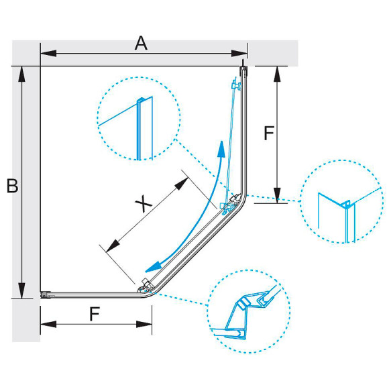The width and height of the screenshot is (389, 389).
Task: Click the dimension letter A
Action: pyautogui.click(x=141, y=43)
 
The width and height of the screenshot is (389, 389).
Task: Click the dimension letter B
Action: pyautogui.click(x=12, y=186)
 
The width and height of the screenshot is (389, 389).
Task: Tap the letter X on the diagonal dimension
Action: pyautogui.click(x=144, y=204)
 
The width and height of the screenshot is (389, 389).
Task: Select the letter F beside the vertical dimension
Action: pyautogui.click(x=269, y=133)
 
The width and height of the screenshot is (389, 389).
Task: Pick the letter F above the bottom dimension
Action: pyautogui.click(x=95, y=314)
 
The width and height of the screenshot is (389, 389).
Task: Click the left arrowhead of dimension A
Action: pyautogui.click(x=48, y=54)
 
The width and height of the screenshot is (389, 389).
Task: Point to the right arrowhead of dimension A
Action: pyautogui.click(x=239, y=54)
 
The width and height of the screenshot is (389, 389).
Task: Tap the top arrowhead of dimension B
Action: pyautogui.click(x=22, y=74)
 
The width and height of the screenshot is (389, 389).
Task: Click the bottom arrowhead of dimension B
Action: pyautogui.click(x=22, y=290)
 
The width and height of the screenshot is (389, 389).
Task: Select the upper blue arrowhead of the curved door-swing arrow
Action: pyautogui.click(x=221, y=148)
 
